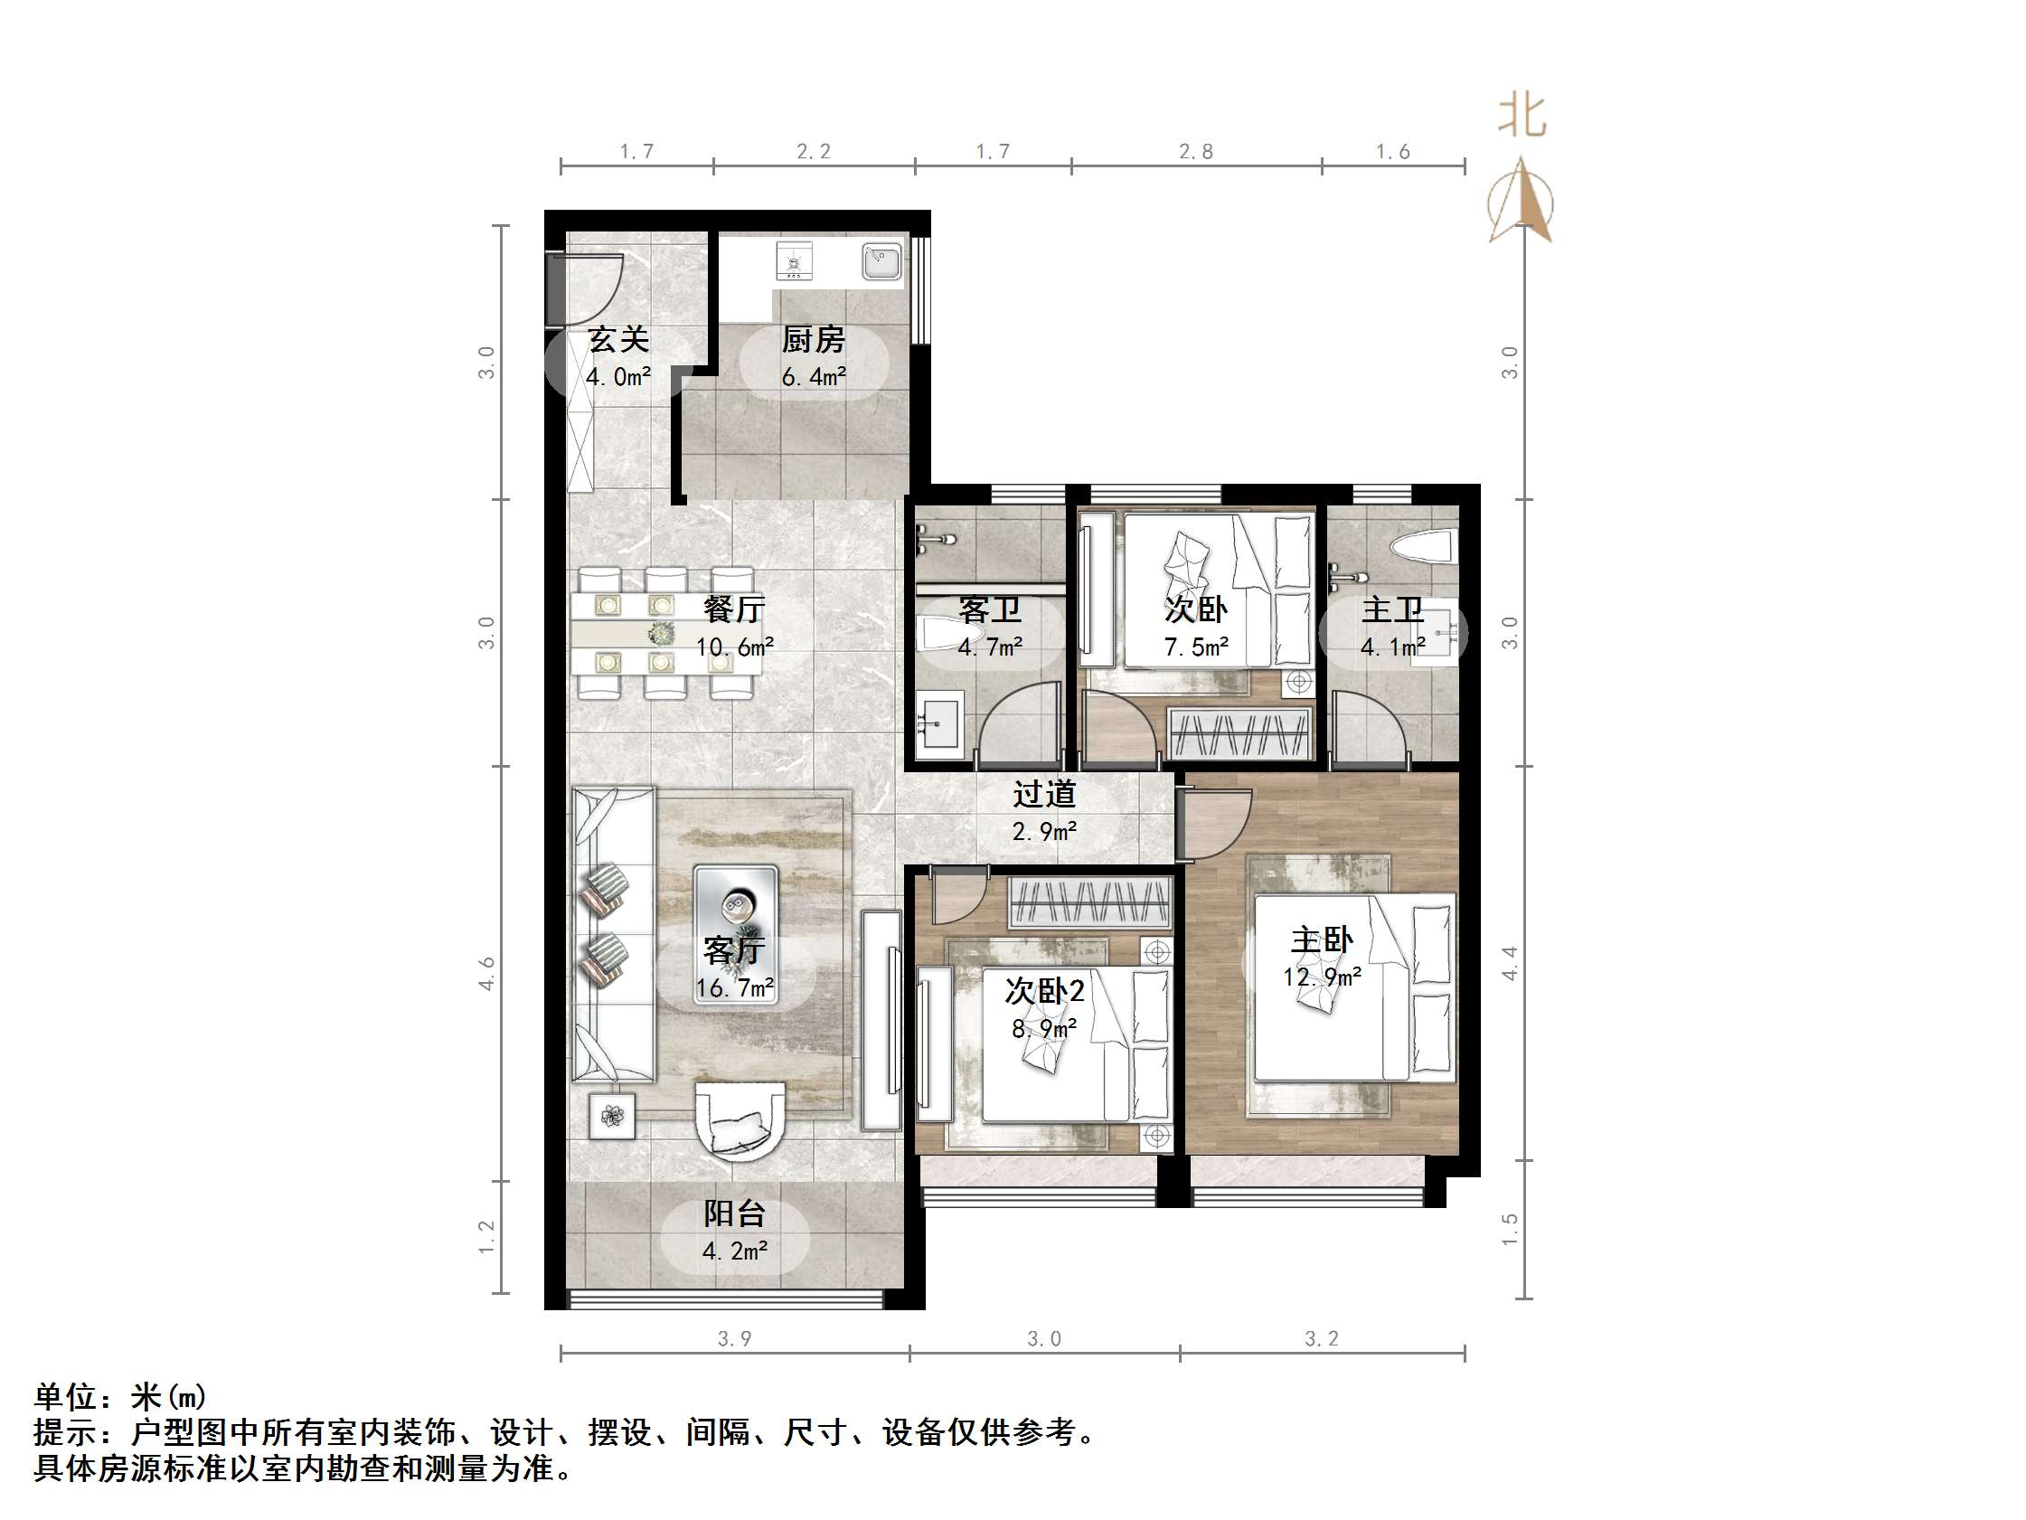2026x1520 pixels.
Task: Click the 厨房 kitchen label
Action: click(x=814, y=340)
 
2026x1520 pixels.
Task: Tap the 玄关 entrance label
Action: click(x=618, y=340)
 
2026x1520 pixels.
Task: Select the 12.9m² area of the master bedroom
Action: click(x=1322, y=977)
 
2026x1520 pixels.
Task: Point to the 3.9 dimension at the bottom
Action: click(x=735, y=1338)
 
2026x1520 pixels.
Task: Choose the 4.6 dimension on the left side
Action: click(x=486, y=973)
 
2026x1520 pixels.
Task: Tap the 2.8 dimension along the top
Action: click(x=1196, y=152)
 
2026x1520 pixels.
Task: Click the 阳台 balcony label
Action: click(x=735, y=1213)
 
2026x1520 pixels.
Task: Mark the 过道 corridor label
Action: click(x=1044, y=793)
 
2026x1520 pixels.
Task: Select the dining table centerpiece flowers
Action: click(x=660, y=633)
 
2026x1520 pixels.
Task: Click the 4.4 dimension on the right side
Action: click(x=1511, y=963)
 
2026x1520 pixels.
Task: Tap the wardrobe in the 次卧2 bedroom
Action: click(x=1091, y=902)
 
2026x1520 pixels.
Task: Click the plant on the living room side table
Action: click(x=612, y=1116)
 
